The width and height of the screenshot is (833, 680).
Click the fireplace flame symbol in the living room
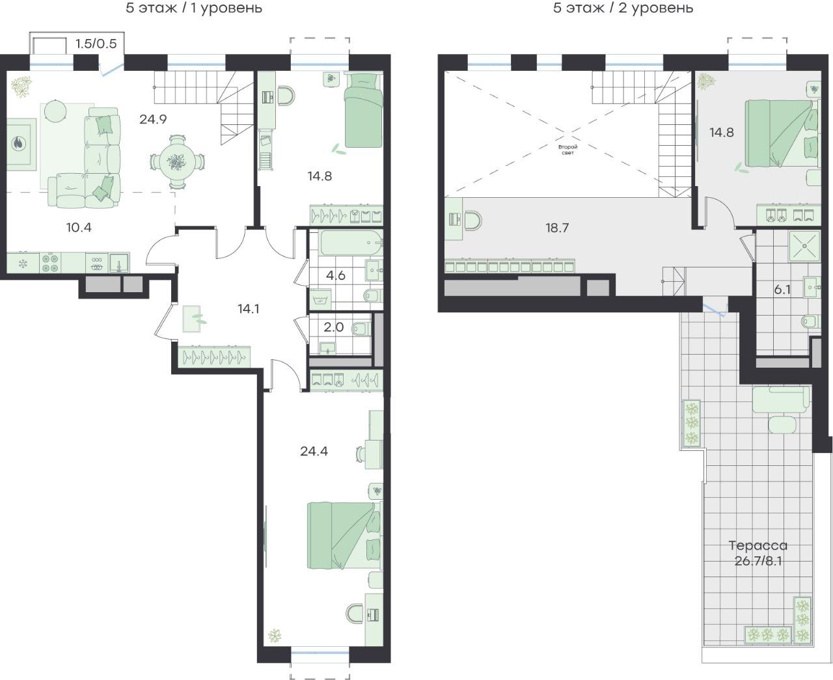click(18, 143)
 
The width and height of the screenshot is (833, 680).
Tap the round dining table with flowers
click(178, 162)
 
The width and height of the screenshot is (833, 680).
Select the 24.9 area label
click(153, 119)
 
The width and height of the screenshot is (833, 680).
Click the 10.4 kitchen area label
click(79, 228)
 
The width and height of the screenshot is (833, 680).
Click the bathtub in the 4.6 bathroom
click(351, 243)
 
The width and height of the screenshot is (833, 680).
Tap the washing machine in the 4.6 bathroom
click(320, 299)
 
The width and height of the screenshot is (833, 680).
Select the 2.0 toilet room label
click(333, 327)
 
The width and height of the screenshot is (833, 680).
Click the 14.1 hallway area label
click(249, 308)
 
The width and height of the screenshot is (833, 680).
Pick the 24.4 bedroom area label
click(314, 451)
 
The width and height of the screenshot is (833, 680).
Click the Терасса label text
click(758, 545)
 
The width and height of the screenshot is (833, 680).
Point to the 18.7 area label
click(557, 228)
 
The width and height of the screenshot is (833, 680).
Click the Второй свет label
click(567, 149)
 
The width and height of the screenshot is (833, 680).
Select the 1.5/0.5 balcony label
click(96, 44)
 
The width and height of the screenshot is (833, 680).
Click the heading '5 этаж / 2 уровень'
click(623, 8)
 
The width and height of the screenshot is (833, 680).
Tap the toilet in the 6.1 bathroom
click(811, 321)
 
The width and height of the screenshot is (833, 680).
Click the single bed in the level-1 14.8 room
click(363, 111)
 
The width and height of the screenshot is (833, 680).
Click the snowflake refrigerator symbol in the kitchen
click(23, 264)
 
